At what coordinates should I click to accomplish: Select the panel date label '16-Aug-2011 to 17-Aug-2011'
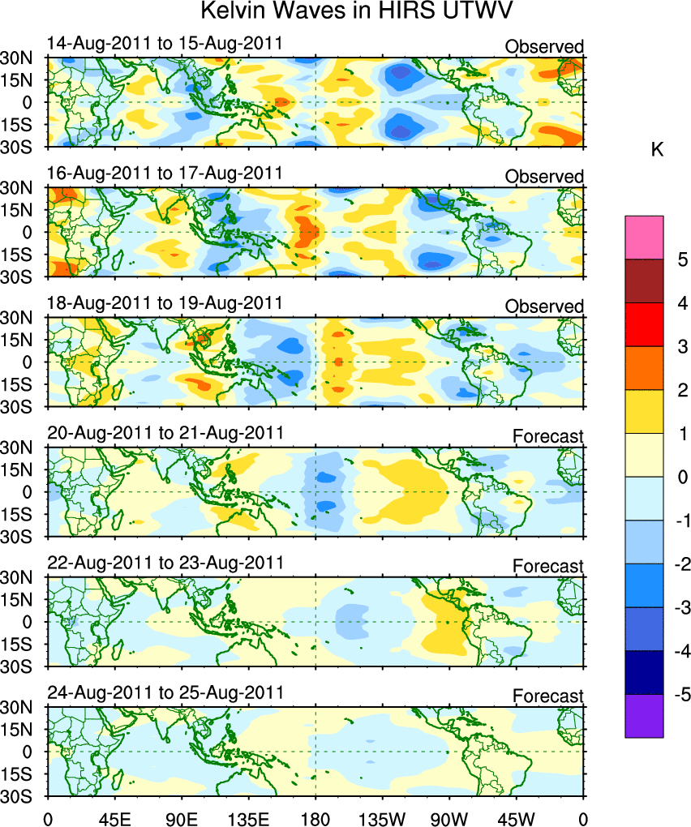tap(165, 173)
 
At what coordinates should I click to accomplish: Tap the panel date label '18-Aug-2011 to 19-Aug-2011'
tap(165, 302)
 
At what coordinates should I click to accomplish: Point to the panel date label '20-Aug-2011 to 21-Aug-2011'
tap(165, 432)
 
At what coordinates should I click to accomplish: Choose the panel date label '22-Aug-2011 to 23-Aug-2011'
tap(165, 563)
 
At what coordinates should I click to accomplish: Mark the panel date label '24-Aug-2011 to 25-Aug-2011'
tap(165, 692)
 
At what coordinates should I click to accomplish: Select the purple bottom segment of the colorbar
tap(644, 716)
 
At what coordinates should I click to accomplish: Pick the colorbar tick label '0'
tap(682, 478)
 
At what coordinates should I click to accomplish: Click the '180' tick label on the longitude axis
tap(315, 812)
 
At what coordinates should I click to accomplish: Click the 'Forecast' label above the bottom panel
tap(547, 696)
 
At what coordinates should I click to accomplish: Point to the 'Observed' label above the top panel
tap(543, 47)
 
